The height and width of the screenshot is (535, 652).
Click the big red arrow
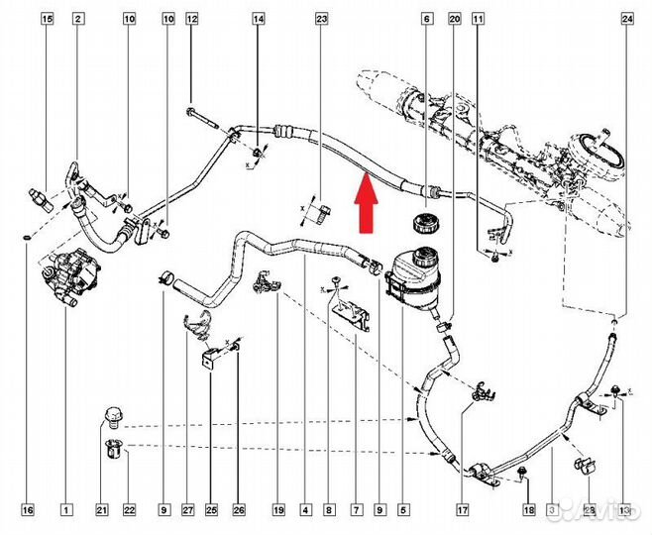(365, 202)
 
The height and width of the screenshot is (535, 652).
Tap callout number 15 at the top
(46, 19)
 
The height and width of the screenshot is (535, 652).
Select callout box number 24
(626, 19)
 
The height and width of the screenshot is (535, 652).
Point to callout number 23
(321, 19)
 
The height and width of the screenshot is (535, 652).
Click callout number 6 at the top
(426, 19)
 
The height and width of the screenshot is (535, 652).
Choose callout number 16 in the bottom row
(28, 510)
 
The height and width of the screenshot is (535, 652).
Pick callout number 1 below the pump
(65, 510)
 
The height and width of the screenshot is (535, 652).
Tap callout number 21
(101, 510)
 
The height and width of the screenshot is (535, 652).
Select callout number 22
(129, 510)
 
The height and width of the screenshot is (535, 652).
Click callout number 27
(185, 510)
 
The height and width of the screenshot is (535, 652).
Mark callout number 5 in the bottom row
(403, 510)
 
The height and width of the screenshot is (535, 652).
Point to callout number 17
(462, 510)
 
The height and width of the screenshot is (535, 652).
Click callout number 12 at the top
(192, 19)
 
